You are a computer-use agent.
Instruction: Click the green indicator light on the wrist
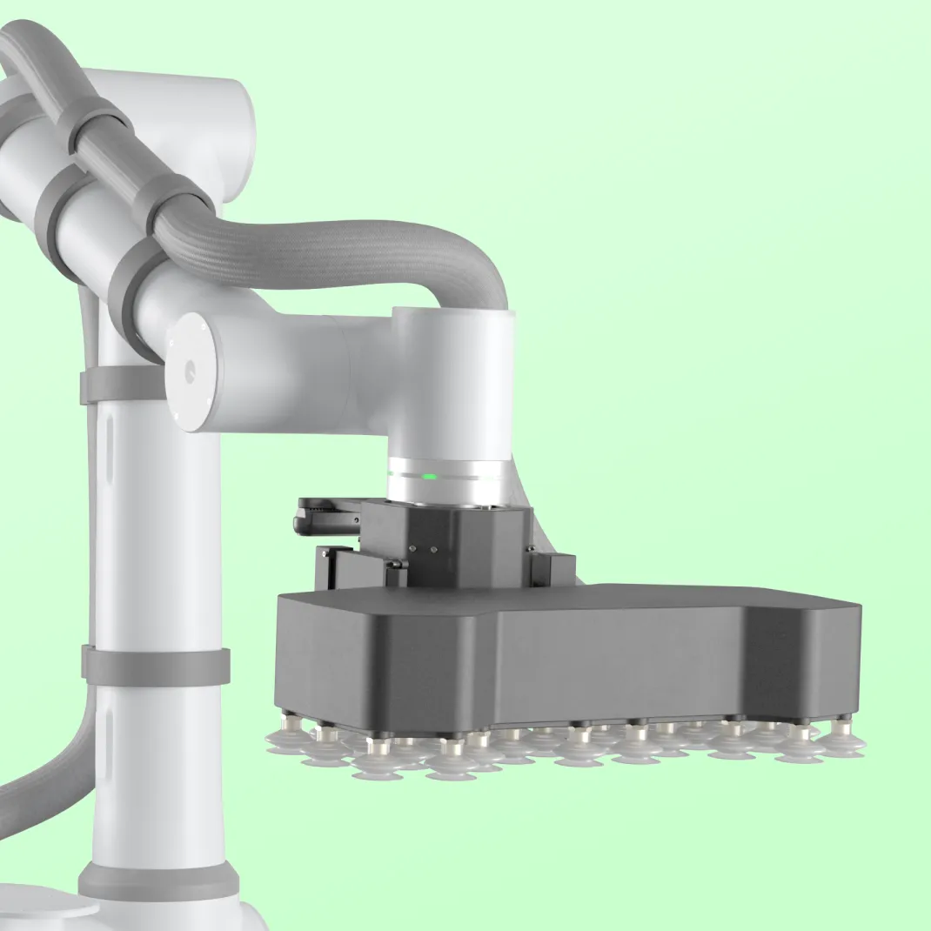(x=429, y=476)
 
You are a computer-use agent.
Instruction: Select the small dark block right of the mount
(x=553, y=567)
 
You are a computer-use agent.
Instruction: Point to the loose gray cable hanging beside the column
(x=52, y=783)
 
